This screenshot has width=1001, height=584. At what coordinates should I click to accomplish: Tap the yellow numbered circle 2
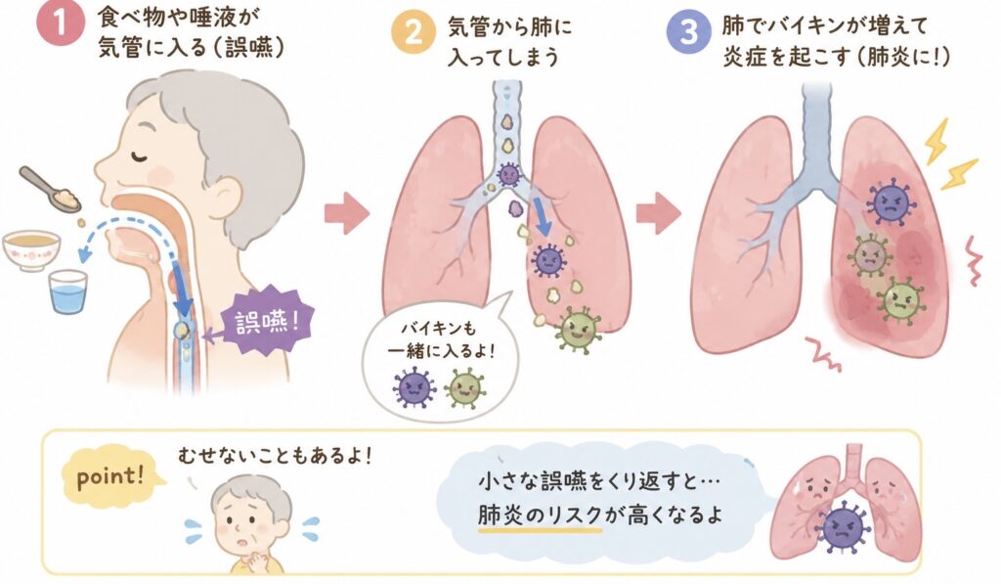(413, 31)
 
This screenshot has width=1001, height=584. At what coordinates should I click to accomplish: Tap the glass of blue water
(67, 292)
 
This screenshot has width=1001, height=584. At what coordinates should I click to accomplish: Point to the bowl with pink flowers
(31, 249)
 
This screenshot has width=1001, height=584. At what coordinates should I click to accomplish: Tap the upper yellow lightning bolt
(936, 142)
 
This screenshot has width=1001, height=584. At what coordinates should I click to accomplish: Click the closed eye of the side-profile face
(139, 156)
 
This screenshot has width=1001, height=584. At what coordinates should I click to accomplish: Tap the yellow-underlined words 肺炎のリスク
(540, 515)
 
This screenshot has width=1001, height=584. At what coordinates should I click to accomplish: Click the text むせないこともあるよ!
(275, 456)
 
